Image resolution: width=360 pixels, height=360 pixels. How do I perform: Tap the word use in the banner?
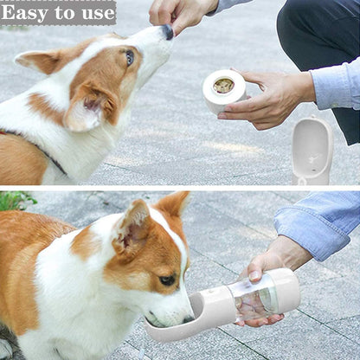(x=99, y=14)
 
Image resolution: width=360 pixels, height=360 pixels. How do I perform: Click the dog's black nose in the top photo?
(x=168, y=32)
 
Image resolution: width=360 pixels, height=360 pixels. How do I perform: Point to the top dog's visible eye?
(x=130, y=57)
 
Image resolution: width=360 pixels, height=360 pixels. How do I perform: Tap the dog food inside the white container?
(x=223, y=86)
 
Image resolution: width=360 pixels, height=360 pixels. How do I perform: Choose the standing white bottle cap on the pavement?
(x=312, y=151)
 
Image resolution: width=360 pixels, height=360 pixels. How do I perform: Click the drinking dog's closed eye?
(x=167, y=280)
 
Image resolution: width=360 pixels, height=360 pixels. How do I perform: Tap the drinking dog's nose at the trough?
(x=189, y=319)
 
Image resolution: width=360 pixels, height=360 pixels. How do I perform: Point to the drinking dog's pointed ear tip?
(x=184, y=195)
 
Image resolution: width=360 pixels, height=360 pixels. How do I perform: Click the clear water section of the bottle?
(x=254, y=297)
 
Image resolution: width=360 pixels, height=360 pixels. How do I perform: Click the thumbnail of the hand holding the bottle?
(x=254, y=275)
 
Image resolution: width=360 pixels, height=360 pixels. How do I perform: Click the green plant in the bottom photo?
(x=16, y=201)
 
